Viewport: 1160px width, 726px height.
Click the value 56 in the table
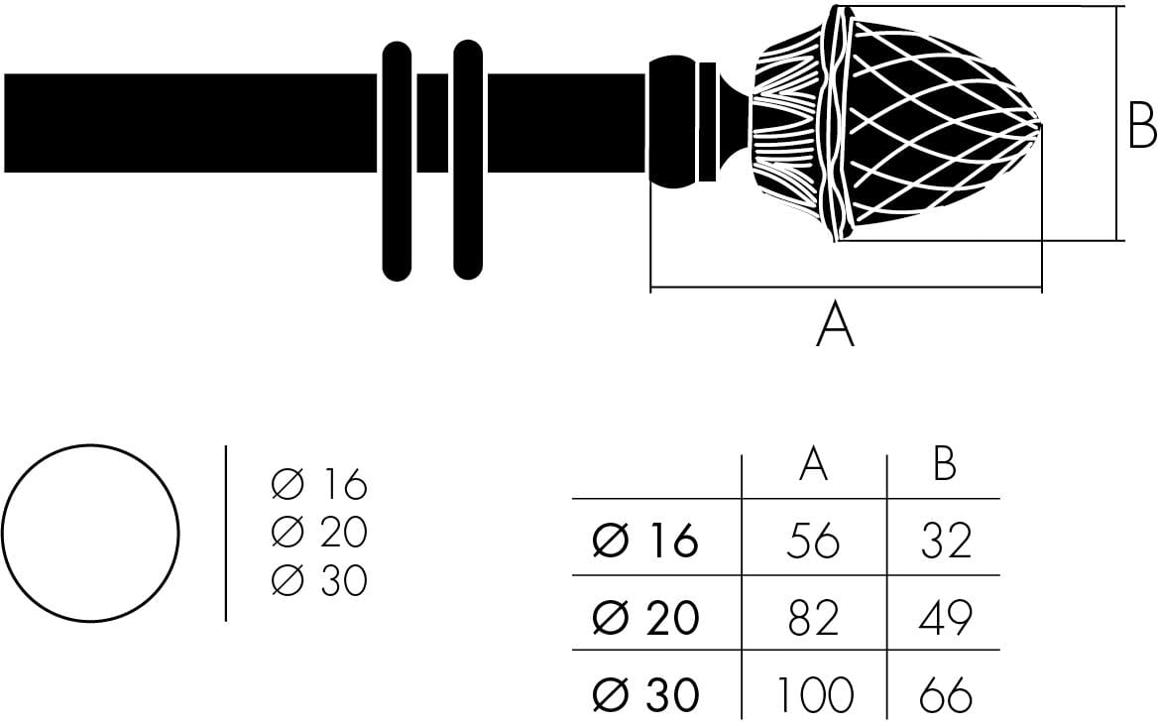tap(812, 541)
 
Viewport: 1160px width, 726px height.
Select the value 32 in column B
tap(945, 541)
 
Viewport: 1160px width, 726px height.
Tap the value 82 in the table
tap(812, 618)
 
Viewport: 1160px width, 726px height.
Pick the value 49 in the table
tap(945, 618)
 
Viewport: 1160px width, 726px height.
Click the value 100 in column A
tap(813, 695)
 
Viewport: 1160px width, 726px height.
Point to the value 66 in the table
tap(945, 695)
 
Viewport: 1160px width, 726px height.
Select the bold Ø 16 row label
tap(645, 542)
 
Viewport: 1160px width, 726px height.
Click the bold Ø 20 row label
tap(645, 619)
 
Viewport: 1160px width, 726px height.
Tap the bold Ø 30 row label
tap(645, 695)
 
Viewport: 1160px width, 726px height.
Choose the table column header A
tap(813, 464)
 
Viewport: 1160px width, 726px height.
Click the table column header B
tap(945, 464)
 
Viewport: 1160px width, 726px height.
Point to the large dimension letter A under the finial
tap(835, 325)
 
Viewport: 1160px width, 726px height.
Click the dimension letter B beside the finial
tap(1142, 127)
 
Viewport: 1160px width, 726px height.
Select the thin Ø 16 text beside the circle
tap(319, 485)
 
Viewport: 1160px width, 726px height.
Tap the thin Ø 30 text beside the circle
tap(319, 580)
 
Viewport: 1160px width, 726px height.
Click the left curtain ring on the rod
tap(397, 161)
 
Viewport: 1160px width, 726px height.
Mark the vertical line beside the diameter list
tap(226, 534)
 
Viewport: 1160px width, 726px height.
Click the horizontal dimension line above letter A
tap(845, 289)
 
